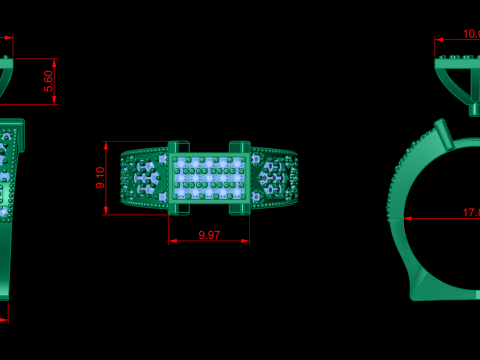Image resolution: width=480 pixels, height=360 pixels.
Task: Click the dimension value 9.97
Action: [x=209, y=235]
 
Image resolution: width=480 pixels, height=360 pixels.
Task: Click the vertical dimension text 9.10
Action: [x=100, y=178]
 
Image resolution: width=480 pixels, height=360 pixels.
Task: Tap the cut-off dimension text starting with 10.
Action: [x=470, y=34]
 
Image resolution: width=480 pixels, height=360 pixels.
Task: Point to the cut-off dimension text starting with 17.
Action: [x=470, y=212]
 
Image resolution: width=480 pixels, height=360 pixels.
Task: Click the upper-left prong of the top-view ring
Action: [x=178, y=147]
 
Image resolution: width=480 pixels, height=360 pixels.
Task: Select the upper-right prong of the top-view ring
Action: [x=240, y=147]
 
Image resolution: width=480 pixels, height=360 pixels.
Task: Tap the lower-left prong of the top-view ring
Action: [x=178, y=208]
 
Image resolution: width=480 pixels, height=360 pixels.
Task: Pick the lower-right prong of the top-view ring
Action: [x=240, y=208]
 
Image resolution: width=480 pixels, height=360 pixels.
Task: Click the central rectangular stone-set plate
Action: [x=209, y=178]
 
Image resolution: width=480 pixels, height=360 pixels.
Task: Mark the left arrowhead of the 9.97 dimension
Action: [x=172, y=241]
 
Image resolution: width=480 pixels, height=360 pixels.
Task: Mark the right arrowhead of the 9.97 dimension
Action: [x=246, y=241]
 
